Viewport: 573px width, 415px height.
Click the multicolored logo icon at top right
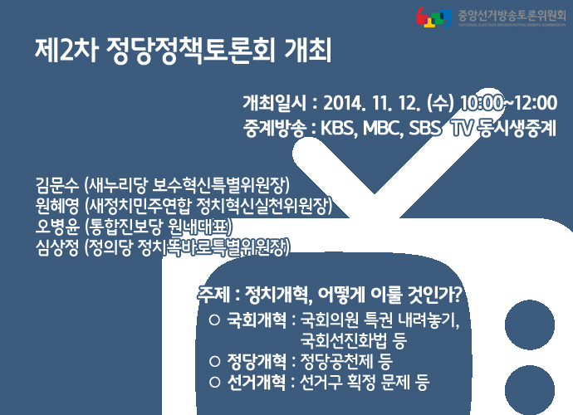(433, 17)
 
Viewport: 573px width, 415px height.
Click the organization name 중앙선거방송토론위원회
(512, 16)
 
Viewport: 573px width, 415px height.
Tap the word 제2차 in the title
(66, 51)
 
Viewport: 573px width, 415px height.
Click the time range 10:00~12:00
(509, 103)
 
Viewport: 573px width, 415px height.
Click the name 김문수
(57, 185)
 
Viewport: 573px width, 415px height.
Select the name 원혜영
(57, 206)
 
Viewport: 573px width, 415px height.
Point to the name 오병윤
(57, 227)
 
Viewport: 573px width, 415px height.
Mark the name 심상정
(57, 247)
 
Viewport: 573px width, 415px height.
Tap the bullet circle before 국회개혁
(214, 320)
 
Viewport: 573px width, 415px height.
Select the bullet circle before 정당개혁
(215, 361)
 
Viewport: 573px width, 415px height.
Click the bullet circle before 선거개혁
(215, 382)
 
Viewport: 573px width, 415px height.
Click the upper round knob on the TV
(530, 325)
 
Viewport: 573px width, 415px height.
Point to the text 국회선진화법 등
(354, 340)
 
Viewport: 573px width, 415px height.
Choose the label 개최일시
(274, 103)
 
